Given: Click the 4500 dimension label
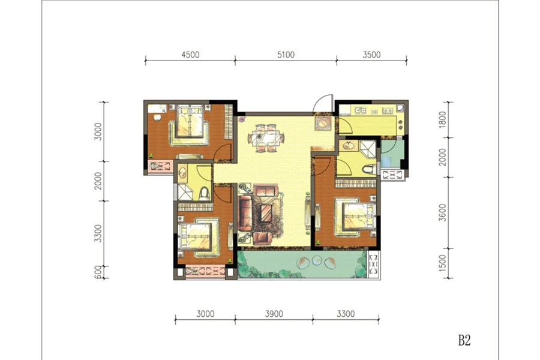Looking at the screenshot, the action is click(190, 55).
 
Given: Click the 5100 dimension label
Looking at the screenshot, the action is click(286, 55).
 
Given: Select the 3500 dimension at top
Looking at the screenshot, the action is click(371, 55).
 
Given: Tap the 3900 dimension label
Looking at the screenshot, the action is click(274, 314).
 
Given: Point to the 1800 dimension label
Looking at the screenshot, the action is click(443, 119).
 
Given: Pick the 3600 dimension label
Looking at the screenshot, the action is click(443, 212).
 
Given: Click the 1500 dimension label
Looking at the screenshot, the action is click(443, 263).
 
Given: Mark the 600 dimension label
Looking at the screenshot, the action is click(98, 272).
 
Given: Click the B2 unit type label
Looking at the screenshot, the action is click(464, 340).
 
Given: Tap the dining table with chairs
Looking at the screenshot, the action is click(266, 138).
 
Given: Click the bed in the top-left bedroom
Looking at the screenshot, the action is click(190, 121).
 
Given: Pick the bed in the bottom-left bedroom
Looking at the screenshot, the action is click(195, 236).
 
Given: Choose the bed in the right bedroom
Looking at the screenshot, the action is click(359, 217).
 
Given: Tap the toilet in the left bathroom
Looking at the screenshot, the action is click(205, 194).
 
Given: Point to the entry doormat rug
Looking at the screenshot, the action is click(323, 124).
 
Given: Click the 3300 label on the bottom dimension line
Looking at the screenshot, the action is click(346, 314).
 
